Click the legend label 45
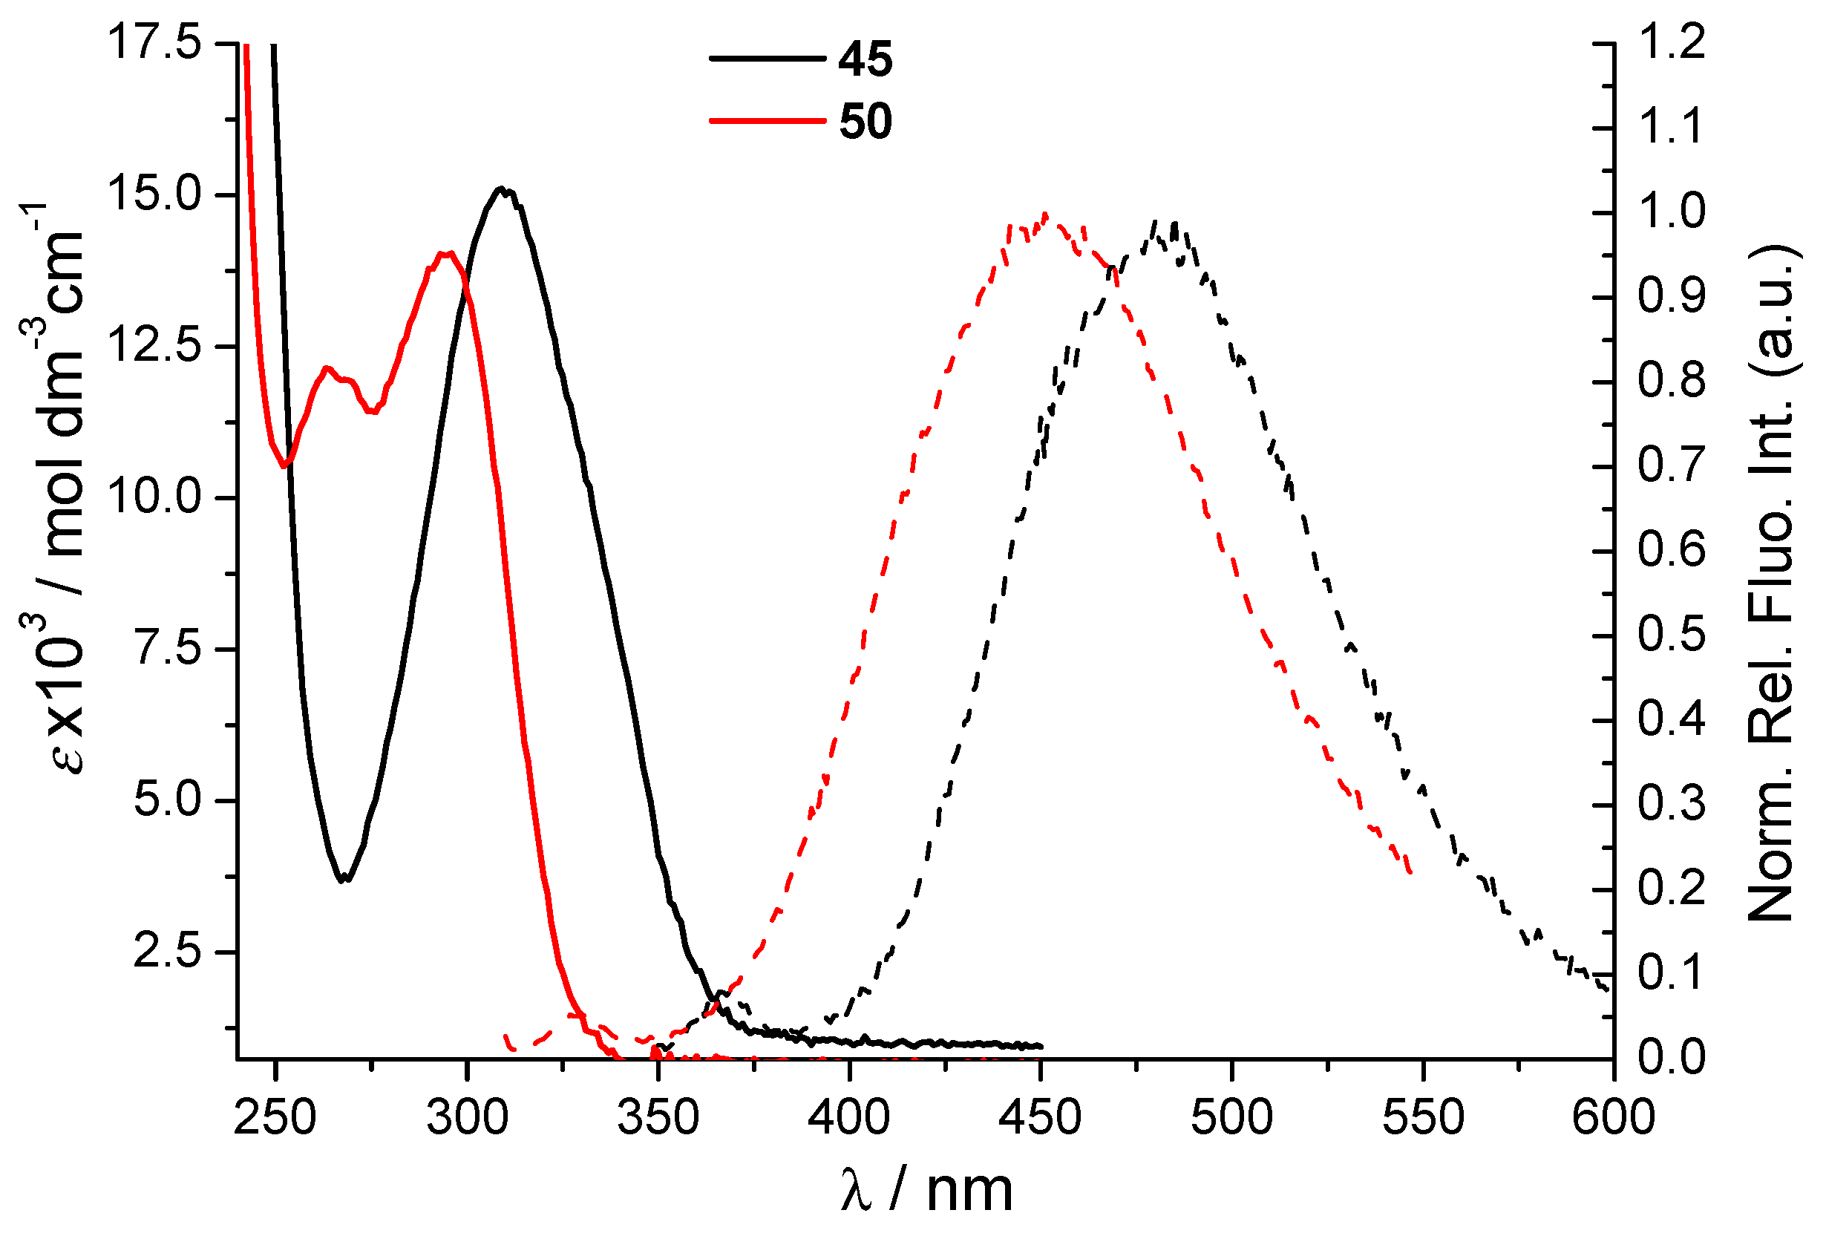click(x=865, y=59)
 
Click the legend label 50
click(x=865, y=122)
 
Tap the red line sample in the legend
click(x=767, y=121)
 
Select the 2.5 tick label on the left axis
click(x=167, y=951)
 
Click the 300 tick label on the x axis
click(x=468, y=1117)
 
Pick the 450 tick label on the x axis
click(x=1040, y=1117)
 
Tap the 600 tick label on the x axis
click(x=1613, y=1117)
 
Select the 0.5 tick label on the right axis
click(x=1671, y=634)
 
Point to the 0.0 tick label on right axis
click(x=1671, y=1057)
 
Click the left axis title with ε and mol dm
click(x=59, y=487)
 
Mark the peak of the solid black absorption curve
click(x=500, y=189)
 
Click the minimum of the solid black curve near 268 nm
click(x=344, y=880)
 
